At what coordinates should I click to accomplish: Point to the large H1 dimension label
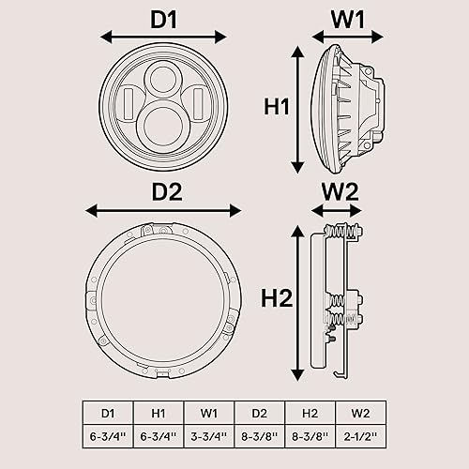tap(275, 108)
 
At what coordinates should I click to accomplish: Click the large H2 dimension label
tap(275, 298)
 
